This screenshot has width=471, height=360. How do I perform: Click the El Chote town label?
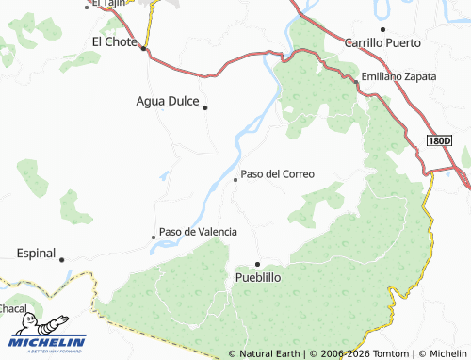115,41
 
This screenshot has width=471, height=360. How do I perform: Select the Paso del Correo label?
277,174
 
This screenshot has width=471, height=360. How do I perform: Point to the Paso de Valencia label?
198,231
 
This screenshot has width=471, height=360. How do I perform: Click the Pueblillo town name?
257,278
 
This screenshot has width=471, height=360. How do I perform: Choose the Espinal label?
36,254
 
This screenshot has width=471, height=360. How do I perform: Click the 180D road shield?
439,140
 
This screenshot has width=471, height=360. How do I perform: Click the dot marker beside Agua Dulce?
205,106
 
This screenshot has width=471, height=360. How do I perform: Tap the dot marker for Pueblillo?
257,264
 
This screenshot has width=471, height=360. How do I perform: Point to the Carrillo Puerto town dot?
382,29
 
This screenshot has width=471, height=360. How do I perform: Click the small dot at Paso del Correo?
235,179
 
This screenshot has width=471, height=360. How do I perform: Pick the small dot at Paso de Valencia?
154,237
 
